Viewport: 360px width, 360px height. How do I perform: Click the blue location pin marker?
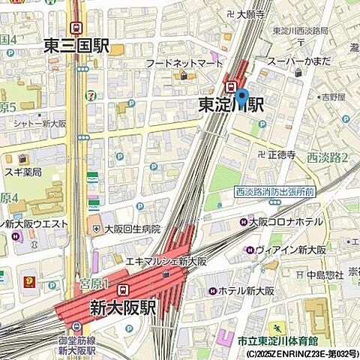pos(241,98)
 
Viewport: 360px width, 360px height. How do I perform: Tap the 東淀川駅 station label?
pos(231,105)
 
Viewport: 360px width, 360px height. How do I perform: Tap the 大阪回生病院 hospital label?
pos(131,229)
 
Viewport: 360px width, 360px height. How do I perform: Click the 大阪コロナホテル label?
pos(286,222)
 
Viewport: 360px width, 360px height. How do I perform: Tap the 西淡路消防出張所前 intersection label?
pos(274,192)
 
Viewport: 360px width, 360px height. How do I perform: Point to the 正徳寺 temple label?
pos(284,154)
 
